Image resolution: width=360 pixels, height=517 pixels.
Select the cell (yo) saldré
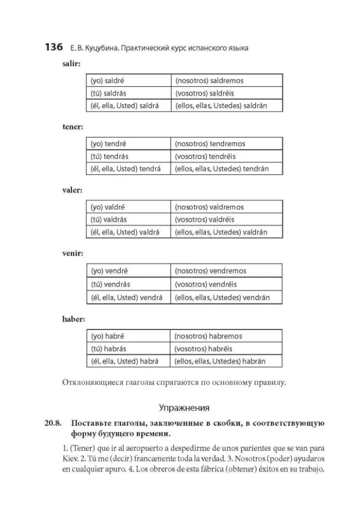coord(128,81)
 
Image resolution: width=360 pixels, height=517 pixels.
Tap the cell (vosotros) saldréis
coord(226,93)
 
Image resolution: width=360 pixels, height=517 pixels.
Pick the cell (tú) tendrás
coord(128,156)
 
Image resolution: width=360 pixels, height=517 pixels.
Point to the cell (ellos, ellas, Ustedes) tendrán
coord(226,169)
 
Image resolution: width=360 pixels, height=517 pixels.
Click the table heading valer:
coord(72,190)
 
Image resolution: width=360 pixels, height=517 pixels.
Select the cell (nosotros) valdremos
coord(226,207)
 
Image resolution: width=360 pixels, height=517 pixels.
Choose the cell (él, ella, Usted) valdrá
coord(128,232)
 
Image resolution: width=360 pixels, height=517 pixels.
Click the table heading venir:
coord(72,254)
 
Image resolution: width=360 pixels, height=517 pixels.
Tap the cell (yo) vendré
coord(128,271)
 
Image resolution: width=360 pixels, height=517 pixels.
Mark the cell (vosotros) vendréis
coord(226,284)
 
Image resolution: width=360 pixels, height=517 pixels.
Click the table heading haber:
coord(73,319)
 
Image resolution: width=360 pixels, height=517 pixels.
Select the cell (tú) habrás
coord(128,348)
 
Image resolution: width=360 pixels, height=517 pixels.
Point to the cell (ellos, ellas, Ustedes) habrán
coord(226,361)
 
